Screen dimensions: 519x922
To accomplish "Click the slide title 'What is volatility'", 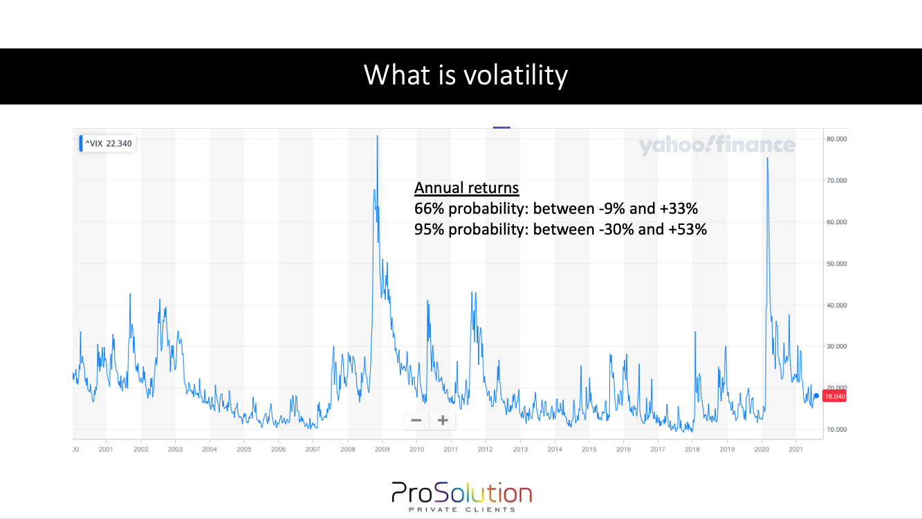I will pyautogui.click(x=465, y=75).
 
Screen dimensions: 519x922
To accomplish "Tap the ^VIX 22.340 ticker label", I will pyautogui.click(x=109, y=144).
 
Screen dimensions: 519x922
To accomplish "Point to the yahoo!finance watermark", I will pyautogui.click(x=717, y=145).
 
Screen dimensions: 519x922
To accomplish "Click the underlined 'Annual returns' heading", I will pyautogui.click(x=466, y=188).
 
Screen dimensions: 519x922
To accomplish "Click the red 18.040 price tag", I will pyautogui.click(x=835, y=397).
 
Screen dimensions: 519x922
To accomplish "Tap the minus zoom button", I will pyautogui.click(x=416, y=420).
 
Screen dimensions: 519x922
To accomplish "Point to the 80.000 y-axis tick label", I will pyautogui.click(x=836, y=139).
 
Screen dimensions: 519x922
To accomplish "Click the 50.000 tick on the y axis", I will pyautogui.click(x=836, y=264).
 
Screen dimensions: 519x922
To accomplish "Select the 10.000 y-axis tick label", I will pyautogui.click(x=836, y=430).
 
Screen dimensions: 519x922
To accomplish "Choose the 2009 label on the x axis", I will pyautogui.click(x=382, y=449).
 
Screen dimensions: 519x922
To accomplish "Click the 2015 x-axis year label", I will pyautogui.click(x=589, y=449).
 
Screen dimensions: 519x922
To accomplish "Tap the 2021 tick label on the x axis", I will pyautogui.click(x=795, y=449).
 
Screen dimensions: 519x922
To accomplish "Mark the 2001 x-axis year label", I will pyautogui.click(x=106, y=449).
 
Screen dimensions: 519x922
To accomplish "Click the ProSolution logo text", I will pyautogui.click(x=461, y=493).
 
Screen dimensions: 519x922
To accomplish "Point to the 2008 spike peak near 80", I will pyautogui.click(x=377, y=136).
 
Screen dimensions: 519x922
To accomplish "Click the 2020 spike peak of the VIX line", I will pyautogui.click(x=767, y=158).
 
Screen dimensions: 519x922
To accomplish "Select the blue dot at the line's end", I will pyautogui.click(x=816, y=396).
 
